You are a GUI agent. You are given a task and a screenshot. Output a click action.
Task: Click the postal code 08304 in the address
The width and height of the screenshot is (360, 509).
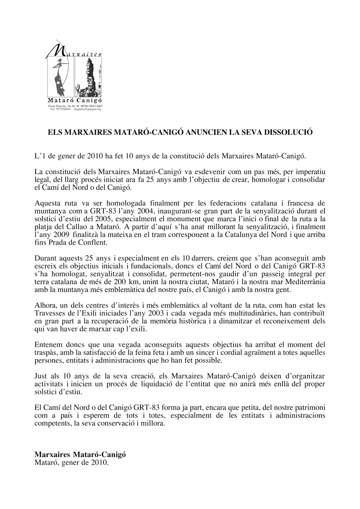82,106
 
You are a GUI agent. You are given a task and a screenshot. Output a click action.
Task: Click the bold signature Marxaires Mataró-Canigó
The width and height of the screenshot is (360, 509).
80,455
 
